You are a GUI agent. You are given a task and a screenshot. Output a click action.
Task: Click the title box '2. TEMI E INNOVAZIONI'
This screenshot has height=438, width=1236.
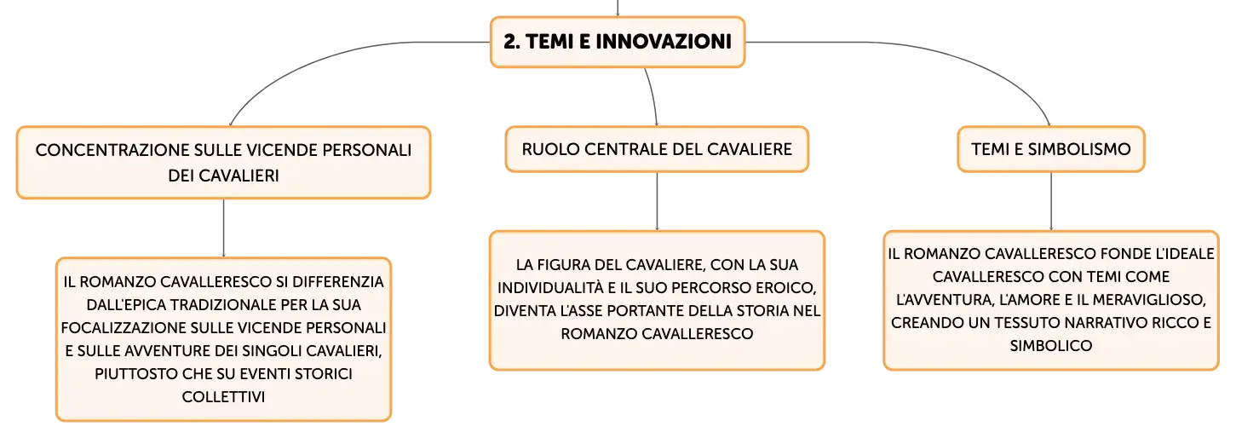point(618,42)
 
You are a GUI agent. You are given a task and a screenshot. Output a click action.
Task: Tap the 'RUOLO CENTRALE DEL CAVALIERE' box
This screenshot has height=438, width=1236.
point(657,149)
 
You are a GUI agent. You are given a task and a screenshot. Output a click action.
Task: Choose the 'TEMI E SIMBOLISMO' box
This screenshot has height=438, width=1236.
point(1051,149)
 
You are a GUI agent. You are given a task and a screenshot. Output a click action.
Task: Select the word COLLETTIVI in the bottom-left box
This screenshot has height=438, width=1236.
point(223,396)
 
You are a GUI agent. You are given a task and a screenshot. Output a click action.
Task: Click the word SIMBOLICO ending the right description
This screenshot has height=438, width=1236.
point(1051,346)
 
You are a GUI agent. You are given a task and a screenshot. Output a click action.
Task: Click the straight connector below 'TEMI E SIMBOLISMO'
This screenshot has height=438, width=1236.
point(1051,202)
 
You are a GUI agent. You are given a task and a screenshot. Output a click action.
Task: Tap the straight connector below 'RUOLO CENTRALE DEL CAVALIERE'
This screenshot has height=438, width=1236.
point(657,202)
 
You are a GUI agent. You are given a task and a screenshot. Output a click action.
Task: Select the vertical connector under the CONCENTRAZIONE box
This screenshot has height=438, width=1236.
point(223,228)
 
